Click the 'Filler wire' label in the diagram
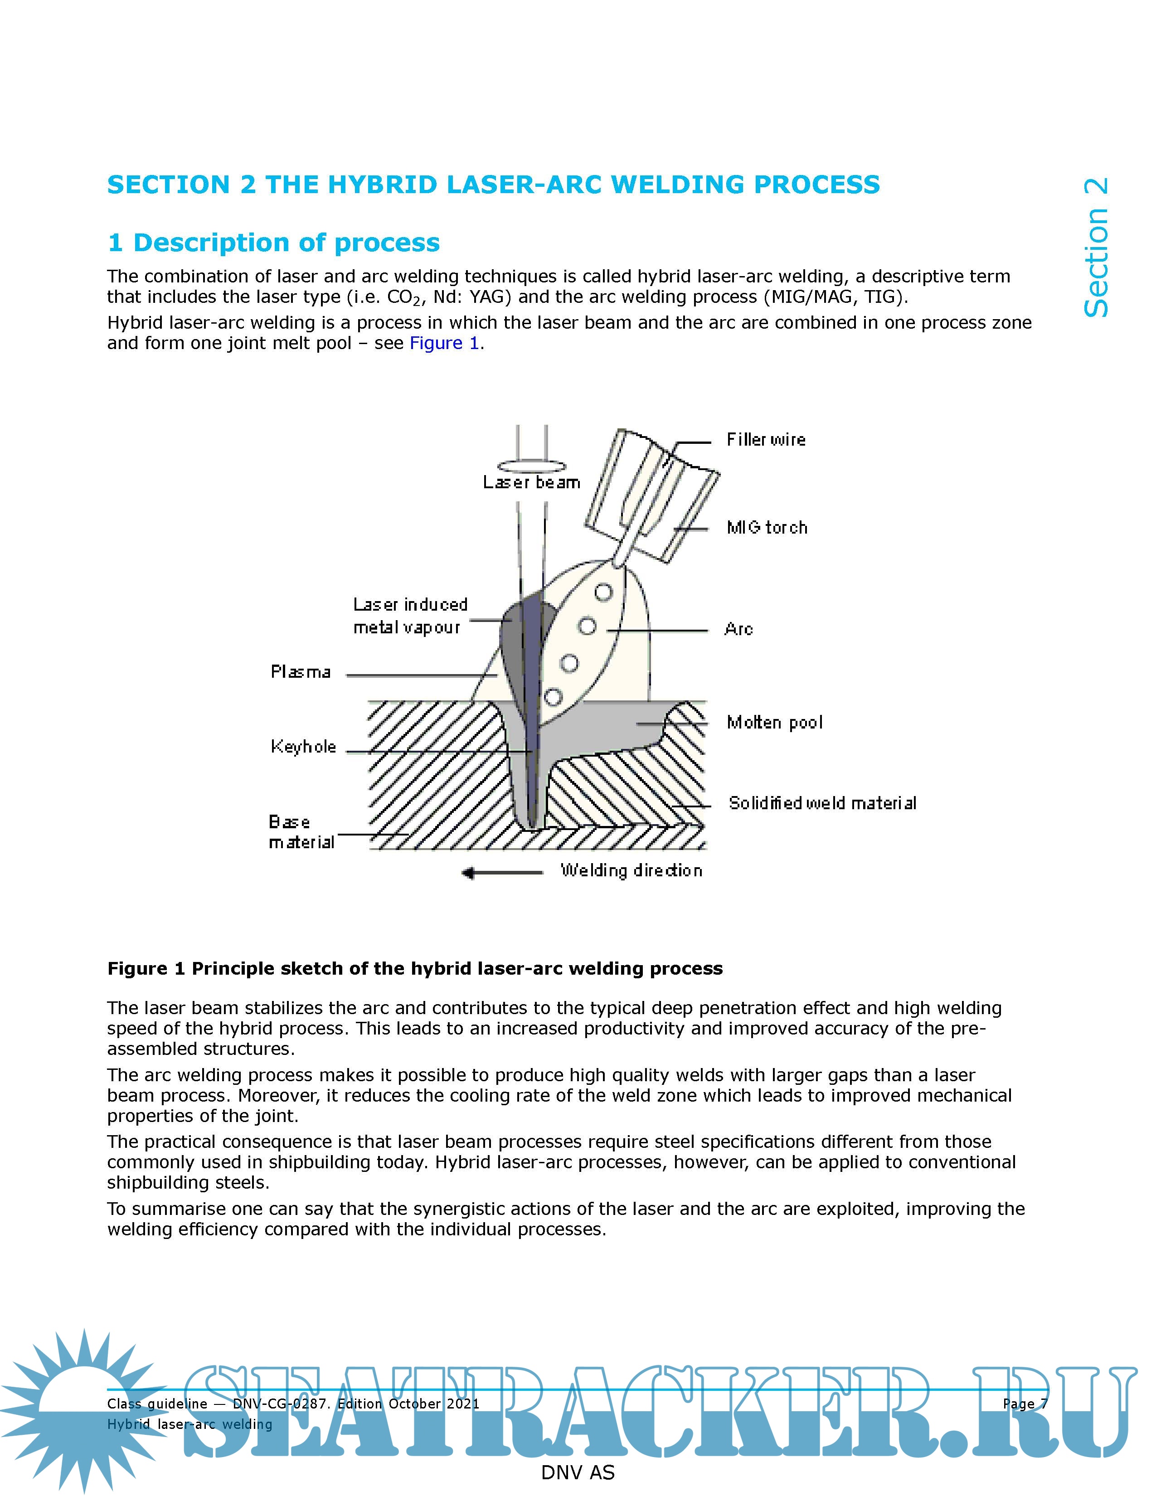(766, 440)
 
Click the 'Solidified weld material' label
(822, 803)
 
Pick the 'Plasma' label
(301, 672)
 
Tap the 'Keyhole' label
(303, 747)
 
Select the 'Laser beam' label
(531, 482)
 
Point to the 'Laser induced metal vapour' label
(409, 616)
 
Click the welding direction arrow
(503, 873)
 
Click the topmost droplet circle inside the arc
(602, 592)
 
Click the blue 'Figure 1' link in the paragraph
(444, 343)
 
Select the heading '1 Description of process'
(274, 243)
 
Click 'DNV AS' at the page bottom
(577, 1473)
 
